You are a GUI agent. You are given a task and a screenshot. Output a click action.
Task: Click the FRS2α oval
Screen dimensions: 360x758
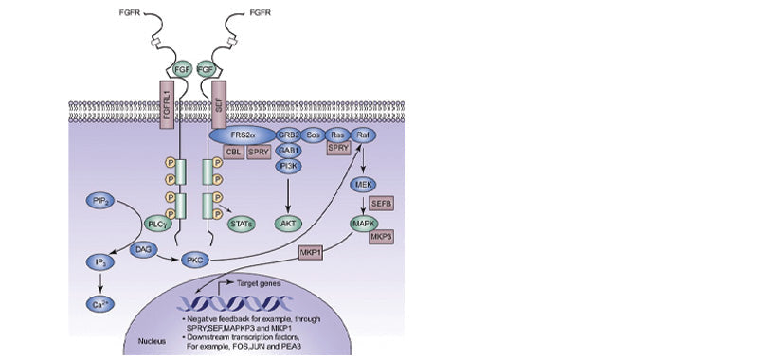click(244, 135)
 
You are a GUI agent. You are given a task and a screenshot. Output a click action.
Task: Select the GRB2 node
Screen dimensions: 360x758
click(288, 135)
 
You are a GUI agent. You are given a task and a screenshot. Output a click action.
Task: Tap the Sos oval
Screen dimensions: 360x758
click(314, 135)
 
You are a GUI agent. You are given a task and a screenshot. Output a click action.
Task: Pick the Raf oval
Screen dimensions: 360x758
click(362, 135)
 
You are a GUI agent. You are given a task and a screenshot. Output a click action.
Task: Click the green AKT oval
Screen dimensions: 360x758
click(288, 224)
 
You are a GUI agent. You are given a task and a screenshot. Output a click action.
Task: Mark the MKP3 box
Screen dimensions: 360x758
click(382, 236)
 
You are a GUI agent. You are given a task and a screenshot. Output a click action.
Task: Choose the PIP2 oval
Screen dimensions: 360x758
click(99, 200)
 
